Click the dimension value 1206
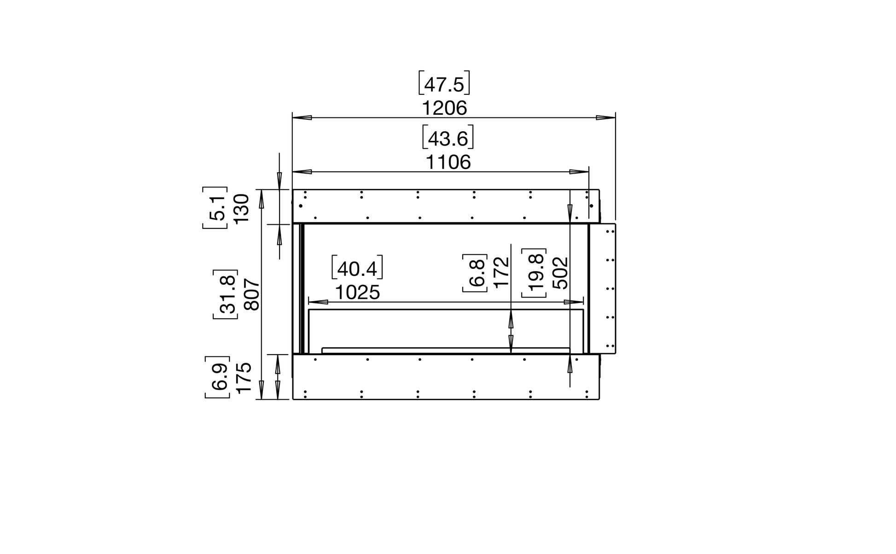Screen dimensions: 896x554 [x=444, y=109]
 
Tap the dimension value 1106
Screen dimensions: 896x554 [x=448, y=163]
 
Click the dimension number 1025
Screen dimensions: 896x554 [x=357, y=292]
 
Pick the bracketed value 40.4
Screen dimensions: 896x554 [x=357, y=268]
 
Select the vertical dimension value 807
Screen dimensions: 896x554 [x=253, y=295]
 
